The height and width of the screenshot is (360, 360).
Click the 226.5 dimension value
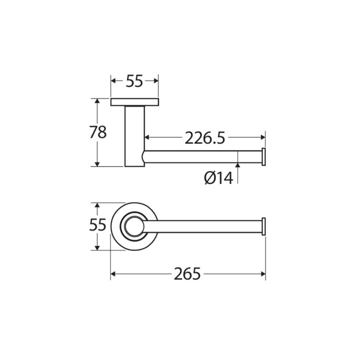tap(205, 138)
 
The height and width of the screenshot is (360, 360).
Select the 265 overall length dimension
tap(187, 274)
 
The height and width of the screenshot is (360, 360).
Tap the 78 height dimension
tap(98, 132)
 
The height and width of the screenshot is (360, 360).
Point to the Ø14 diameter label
tap(218, 178)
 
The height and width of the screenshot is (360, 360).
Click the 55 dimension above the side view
tap(134, 81)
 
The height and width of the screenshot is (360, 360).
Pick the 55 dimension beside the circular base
tap(97, 225)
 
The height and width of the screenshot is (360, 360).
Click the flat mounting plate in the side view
tap(134, 102)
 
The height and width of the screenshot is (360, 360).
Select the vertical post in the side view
tap(135, 136)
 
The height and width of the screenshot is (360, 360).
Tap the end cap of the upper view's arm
tap(264, 157)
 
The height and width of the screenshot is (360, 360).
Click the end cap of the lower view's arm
tap(264, 226)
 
